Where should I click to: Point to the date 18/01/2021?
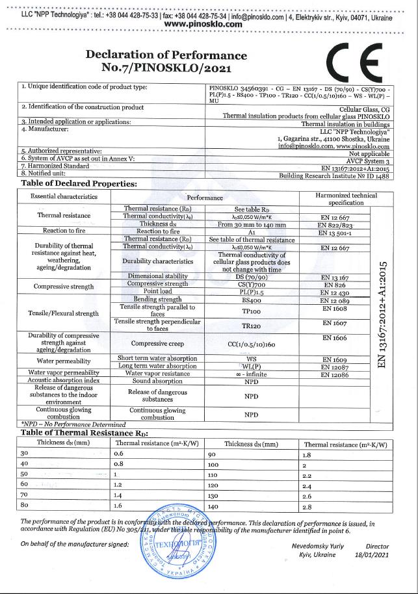point(373,555)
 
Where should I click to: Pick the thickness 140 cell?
point(231,506)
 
